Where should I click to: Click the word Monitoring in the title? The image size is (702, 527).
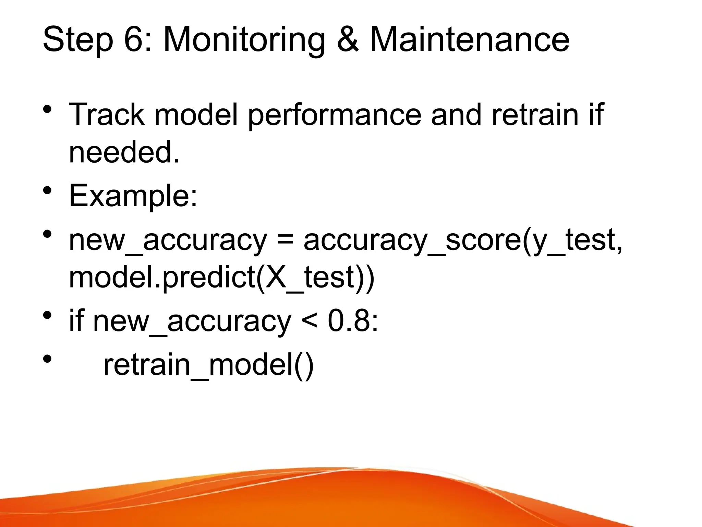tap(244, 40)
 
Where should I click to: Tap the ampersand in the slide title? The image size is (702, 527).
tap(348, 40)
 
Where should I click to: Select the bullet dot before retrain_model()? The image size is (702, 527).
tap(47, 359)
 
